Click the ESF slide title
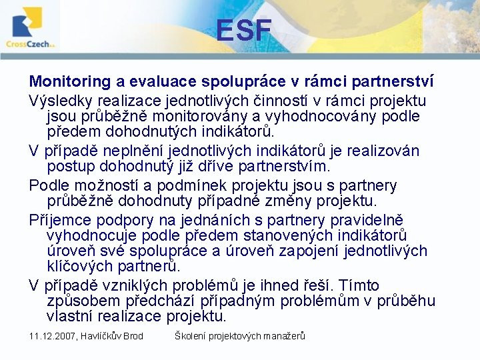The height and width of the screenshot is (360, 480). point(243,30)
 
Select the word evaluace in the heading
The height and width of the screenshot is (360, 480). point(160,82)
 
